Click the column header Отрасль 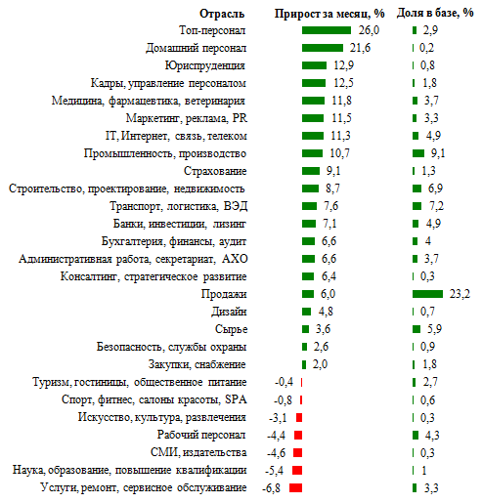[x=222, y=14]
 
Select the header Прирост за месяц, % [x=329, y=14]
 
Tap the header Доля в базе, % [x=435, y=13]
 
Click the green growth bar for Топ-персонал [x=327, y=30]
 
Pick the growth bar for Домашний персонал [x=323, y=48]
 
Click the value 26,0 [x=369, y=30]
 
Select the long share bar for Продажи [x=427, y=294]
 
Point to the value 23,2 [x=460, y=294]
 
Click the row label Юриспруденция [x=205, y=65]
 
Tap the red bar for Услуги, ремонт [x=295, y=487]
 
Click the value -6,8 [x=271, y=488]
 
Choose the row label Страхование [x=215, y=171]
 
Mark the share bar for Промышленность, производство [x=418, y=153]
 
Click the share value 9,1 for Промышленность [x=438, y=153]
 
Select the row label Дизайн [x=229, y=312]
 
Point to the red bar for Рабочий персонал [x=298, y=435]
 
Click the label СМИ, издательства [x=198, y=452]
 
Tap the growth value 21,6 [x=360, y=48]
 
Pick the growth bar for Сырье [x=305, y=329]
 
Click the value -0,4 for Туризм [x=284, y=382]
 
